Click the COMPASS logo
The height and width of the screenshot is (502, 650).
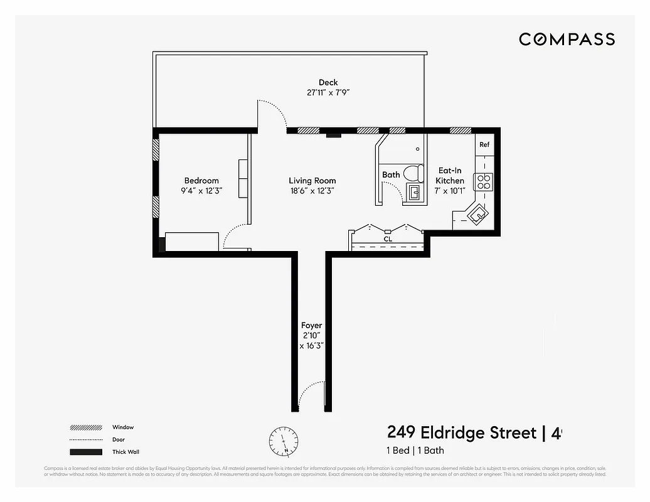(x=567, y=40)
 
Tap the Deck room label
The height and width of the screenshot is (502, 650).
(x=328, y=82)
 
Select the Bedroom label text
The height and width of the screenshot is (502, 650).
(x=201, y=181)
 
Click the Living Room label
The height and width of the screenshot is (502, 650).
(x=312, y=181)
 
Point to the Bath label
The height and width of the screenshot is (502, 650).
(x=391, y=174)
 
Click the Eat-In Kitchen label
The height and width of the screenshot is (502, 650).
(x=450, y=175)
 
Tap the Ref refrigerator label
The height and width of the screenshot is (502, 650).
(x=484, y=144)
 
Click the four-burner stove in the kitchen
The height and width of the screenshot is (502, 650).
(x=484, y=182)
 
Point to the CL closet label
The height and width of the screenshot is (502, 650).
(x=388, y=239)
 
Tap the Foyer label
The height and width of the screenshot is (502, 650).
(x=311, y=325)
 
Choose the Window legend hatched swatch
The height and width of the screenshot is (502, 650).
(x=86, y=427)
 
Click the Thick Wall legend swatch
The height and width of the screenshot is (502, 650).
(x=86, y=452)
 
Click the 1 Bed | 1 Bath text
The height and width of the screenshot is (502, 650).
(x=415, y=450)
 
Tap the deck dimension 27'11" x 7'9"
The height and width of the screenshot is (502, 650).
(x=328, y=93)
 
